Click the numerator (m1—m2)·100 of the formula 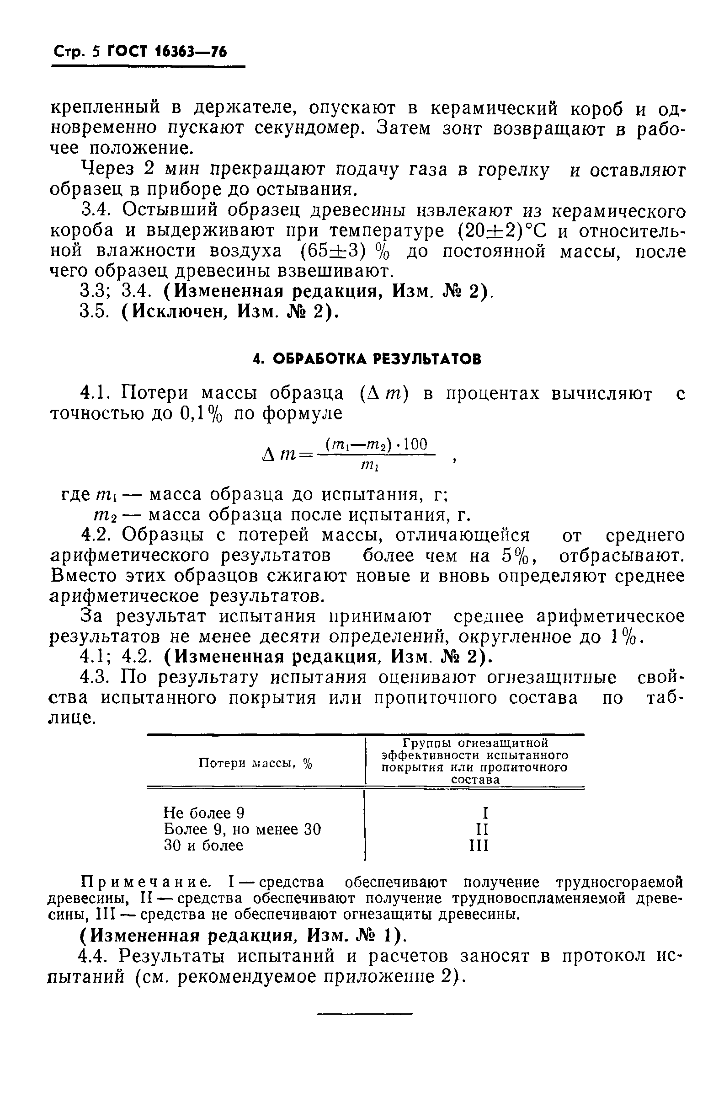(x=377, y=445)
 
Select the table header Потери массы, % (x=256, y=763)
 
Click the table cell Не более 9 (x=204, y=813)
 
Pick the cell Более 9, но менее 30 (x=242, y=829)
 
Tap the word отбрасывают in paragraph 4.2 (x=621, y=556)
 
